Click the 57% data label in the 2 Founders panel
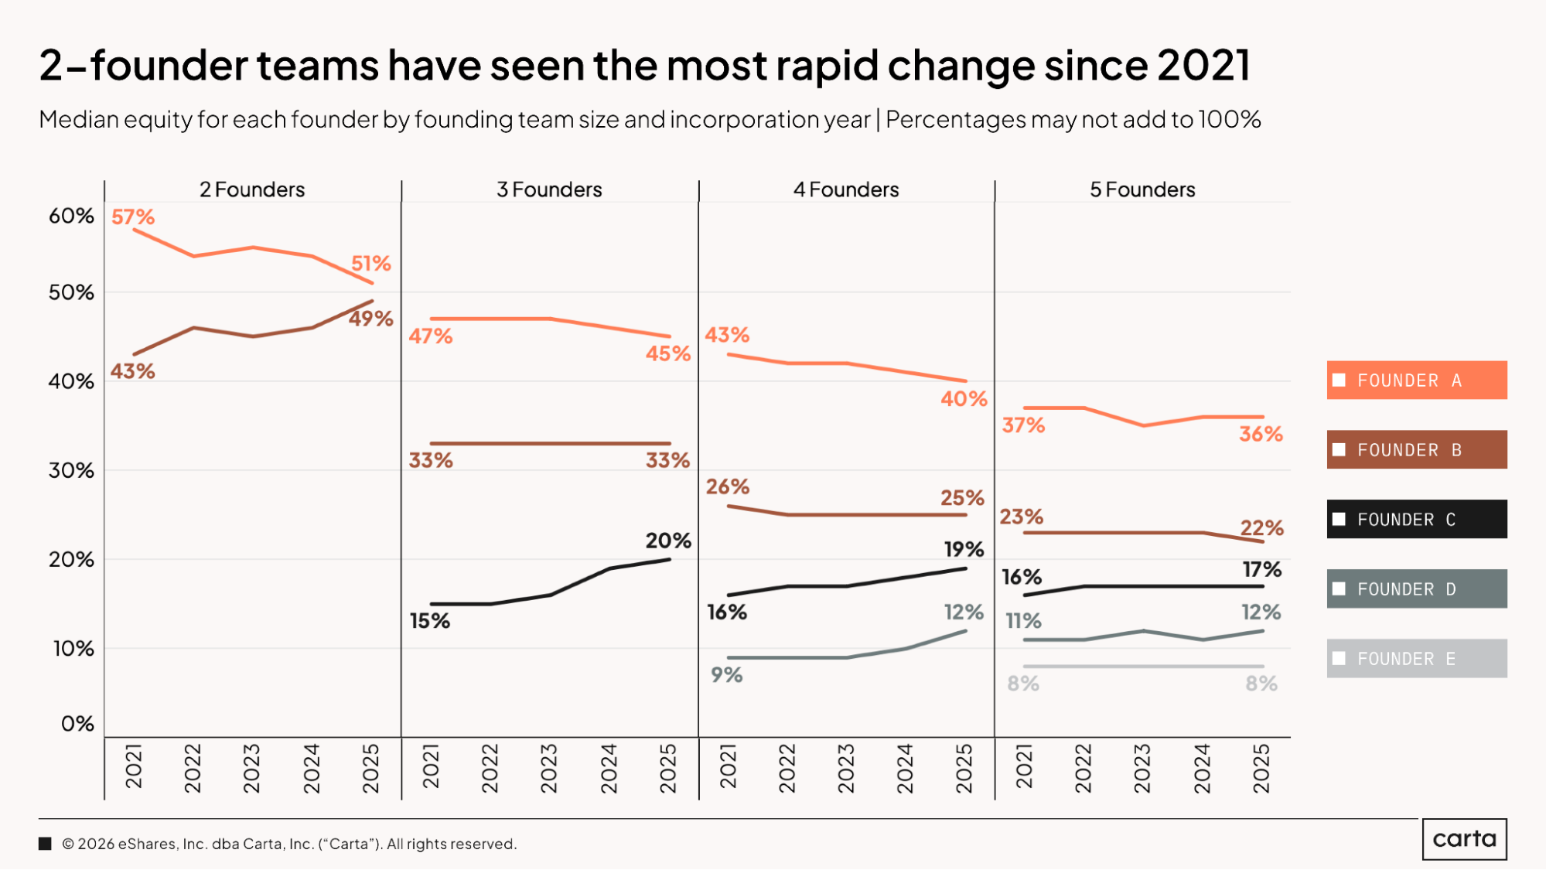pos(133,217)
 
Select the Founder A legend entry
pos(1416,380)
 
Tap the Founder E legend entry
pos(1416,659)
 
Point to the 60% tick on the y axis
pos(71,216)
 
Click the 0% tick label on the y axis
pos(77,724)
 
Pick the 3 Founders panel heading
pos(549,189)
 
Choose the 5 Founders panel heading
pos(1142,189)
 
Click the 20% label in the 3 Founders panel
pos(668,541)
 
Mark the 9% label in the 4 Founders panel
pos(727,675)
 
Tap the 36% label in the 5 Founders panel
pos(1261,434)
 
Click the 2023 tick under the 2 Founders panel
pos(252,768)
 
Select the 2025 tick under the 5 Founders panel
pos(1261,768)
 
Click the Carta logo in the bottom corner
pos(1464,839)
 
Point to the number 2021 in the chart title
pos(1203,65)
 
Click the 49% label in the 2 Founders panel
pos(370,319)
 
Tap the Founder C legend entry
pos(1416,520)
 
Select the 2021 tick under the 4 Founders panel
pos(728,768)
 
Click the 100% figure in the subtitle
pos(1230,120)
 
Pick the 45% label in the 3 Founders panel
pos(668,353)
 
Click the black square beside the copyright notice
pos(46,844)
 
